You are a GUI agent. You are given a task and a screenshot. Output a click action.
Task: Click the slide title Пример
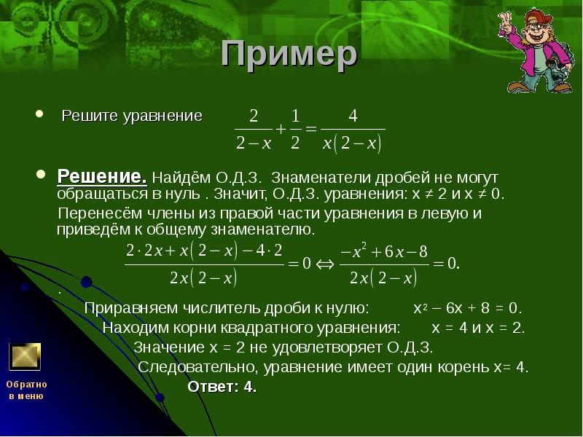289,55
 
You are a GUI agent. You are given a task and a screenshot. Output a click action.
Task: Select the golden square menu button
25,356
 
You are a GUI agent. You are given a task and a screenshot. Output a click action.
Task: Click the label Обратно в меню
26,390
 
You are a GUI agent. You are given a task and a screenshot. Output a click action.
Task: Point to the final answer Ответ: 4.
222,386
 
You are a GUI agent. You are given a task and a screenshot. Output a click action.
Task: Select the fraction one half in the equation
296,130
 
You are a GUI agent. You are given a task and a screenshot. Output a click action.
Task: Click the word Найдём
181,178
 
